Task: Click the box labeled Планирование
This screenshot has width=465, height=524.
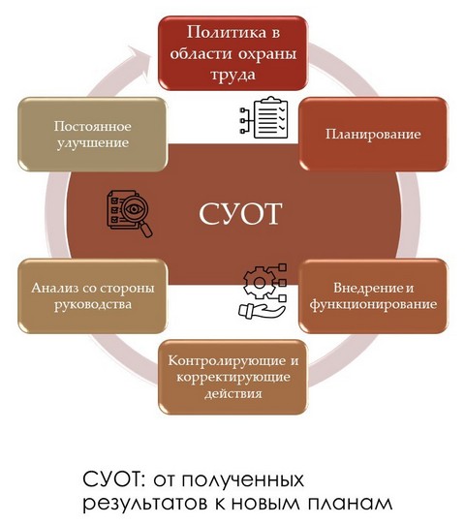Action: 373,134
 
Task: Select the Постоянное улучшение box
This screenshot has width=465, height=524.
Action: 93,134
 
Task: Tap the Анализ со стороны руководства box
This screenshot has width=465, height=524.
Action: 93,296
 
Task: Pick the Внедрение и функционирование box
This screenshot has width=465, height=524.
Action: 373,296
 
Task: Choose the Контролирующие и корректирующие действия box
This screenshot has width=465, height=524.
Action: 233,378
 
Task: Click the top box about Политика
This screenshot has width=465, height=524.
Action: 233,53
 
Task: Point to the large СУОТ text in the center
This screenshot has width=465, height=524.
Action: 240,213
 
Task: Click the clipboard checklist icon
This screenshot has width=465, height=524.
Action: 263,117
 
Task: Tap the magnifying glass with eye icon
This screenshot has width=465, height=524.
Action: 130,213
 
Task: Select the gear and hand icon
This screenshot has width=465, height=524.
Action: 263,292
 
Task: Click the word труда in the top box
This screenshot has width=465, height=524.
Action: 233,75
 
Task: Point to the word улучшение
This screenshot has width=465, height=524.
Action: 93,142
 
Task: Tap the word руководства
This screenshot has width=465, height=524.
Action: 93,304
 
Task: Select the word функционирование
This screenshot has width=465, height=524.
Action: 373,304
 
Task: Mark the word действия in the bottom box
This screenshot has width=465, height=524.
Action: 233,393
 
